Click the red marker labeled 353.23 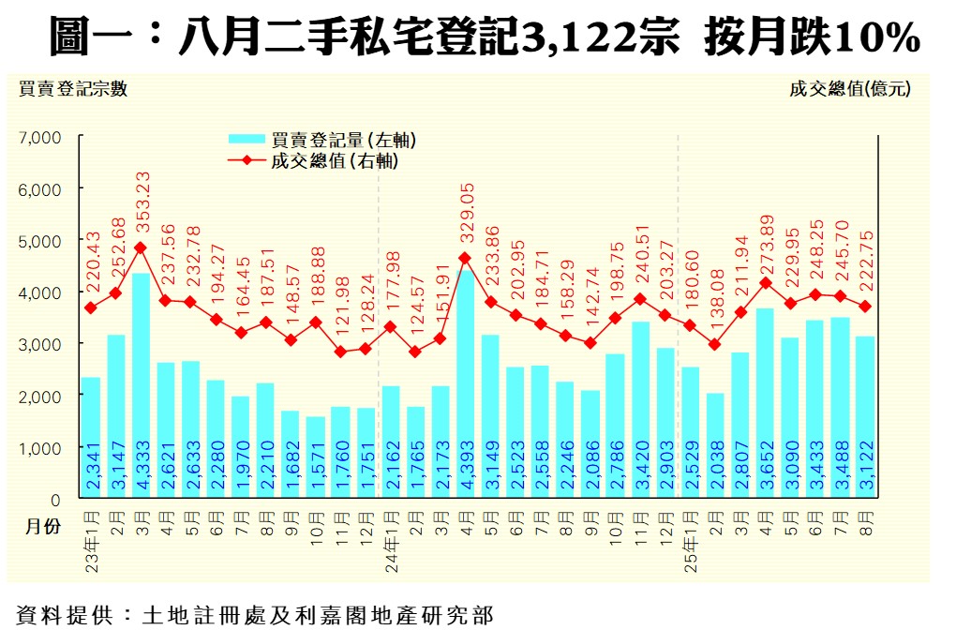click(x=141, y=248)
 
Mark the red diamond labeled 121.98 click(x=340, y=352)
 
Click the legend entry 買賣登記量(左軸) click(x=343, y=141)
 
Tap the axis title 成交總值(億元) click(x=849, y=90)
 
